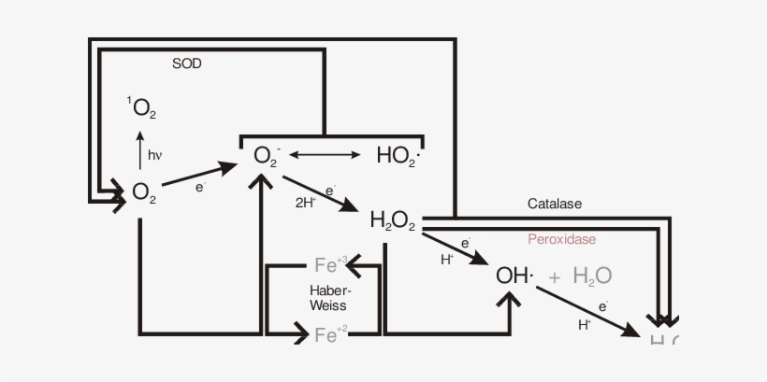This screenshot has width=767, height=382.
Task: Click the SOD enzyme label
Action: coord(187,64)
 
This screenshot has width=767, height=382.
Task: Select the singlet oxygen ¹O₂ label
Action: coord(142,107)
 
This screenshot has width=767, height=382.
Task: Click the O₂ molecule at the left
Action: coord(144,191)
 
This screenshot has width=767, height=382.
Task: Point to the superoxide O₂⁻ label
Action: coord(267,154)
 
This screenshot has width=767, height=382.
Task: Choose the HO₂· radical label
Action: coord(398,155)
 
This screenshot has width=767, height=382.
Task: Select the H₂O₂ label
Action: coord(393,220)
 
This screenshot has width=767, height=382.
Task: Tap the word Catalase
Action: coord(555,203)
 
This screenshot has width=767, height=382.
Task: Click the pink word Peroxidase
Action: coord(561,239)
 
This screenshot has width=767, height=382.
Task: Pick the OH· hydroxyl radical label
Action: coord(514,276)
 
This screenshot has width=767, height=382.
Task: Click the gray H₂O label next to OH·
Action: coord(592,276)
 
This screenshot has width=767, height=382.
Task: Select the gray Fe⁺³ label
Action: coord(331,264)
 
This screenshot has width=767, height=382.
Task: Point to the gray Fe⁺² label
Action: coord(331,334)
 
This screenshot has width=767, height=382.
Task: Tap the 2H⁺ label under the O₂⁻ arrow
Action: coord(306,202)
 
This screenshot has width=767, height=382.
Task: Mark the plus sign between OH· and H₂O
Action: coord(555,276)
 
